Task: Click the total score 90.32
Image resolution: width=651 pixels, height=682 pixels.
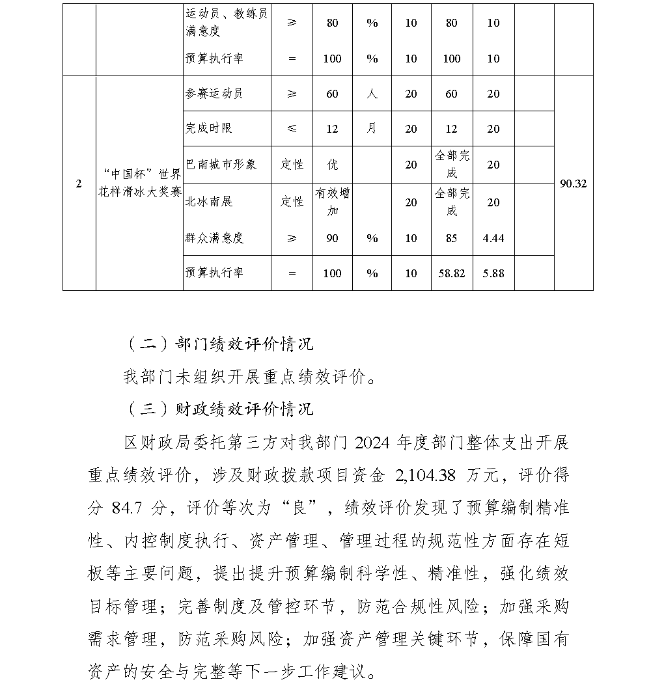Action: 573,184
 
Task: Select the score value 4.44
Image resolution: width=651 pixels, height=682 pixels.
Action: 493,238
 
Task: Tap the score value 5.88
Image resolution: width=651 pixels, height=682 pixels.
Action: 493,273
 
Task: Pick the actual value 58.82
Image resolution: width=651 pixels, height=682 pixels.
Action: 452,273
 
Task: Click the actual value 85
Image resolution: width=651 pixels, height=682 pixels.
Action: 452,238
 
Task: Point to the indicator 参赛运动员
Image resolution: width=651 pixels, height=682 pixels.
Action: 214,94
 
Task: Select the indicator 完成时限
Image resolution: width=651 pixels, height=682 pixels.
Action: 209,129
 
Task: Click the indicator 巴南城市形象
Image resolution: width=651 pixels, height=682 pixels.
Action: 221,164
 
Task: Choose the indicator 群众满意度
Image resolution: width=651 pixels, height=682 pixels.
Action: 214,238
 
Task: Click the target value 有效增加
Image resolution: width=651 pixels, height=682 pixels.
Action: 332,202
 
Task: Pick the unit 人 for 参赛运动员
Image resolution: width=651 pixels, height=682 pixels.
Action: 372,94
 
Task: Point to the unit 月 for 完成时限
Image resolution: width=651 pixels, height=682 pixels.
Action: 372,129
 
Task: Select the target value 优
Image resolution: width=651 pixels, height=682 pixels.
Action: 332,165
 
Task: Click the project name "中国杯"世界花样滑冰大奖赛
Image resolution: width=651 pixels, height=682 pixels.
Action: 139,184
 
